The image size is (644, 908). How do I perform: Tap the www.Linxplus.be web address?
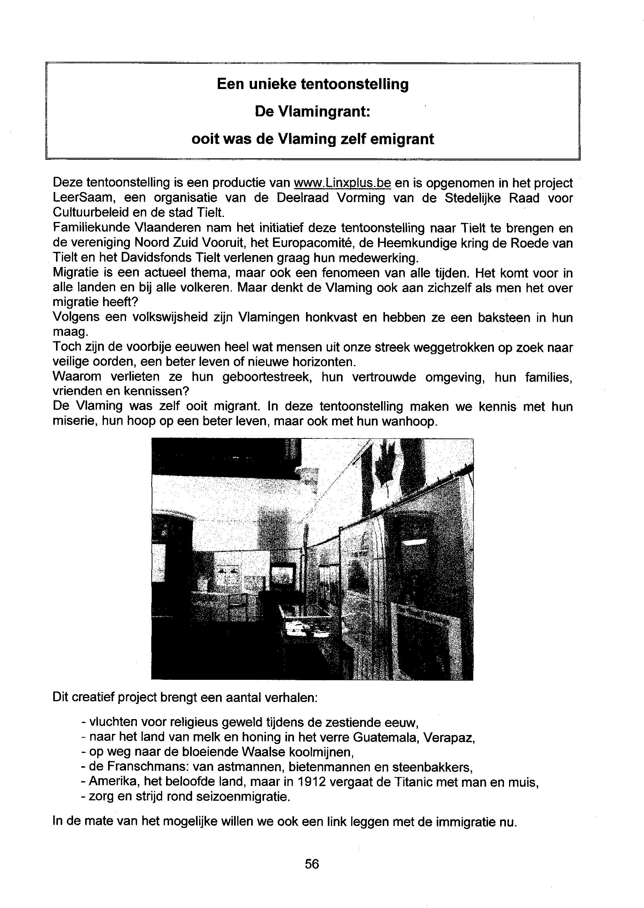342,183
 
